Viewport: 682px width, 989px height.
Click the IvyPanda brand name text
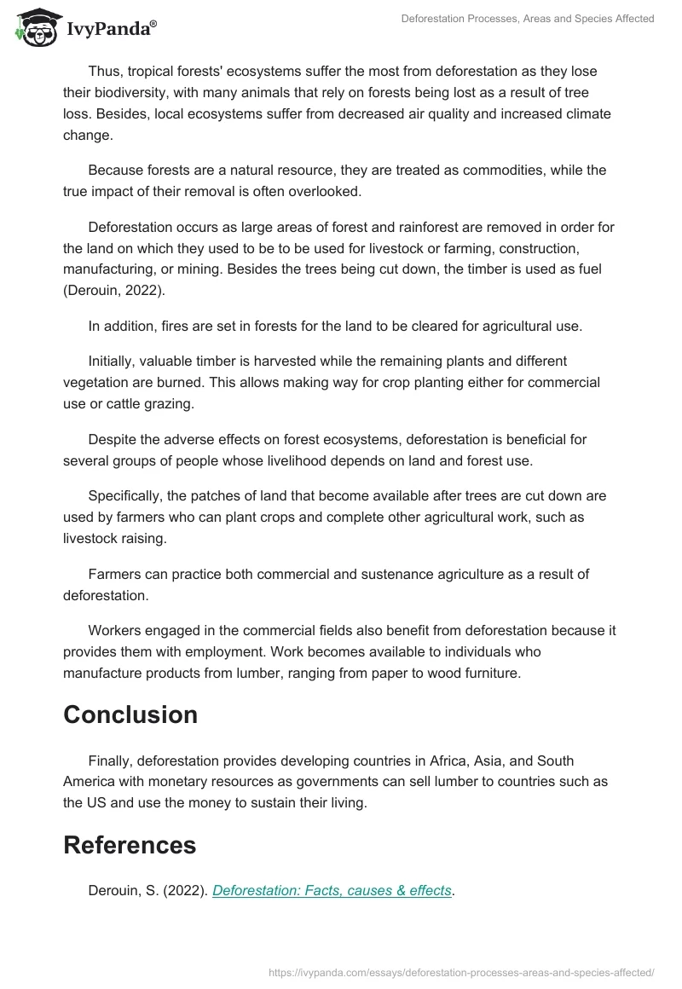pos(111,29)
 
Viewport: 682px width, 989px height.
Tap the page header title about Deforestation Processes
pos(528,19)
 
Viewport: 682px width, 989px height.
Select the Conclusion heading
pos(130,714)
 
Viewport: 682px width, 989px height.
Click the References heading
pos(130,844)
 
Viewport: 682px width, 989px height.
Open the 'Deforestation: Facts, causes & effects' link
pos(332,890)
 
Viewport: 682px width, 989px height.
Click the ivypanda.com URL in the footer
pos(461,971)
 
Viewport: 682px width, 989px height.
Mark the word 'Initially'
pos(115,361)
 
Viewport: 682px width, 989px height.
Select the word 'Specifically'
pos(127,495)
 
